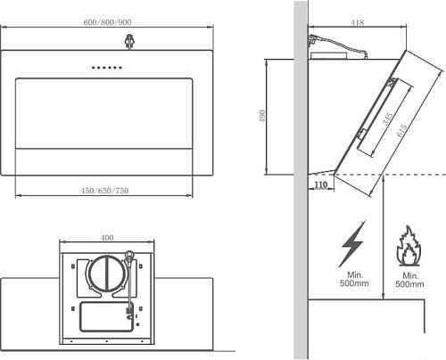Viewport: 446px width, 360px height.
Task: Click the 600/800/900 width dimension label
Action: pyautogui.click(x=107, y=22)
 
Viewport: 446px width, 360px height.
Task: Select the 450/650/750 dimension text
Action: pyautogui.click(x=104, y=191)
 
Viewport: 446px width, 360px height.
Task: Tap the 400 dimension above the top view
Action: pyautogui.click(x=107, y=238)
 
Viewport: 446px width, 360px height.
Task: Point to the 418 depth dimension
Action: pyautogui.click(x=358, y=22)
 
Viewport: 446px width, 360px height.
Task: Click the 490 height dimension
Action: pyautogui.click(x=262, y=117)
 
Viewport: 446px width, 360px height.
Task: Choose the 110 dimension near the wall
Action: pyautogui.click(x=321, y=184)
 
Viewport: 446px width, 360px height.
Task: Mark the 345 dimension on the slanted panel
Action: pyautogui.click(x=388, y=119)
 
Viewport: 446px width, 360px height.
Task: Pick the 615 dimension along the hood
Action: pyautogui.click(x=401, y=130)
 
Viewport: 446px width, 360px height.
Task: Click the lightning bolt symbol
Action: pyautogui.click(x=353, y=244)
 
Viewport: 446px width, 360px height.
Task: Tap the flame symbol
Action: pyautogui.click(x=409, y=246)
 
